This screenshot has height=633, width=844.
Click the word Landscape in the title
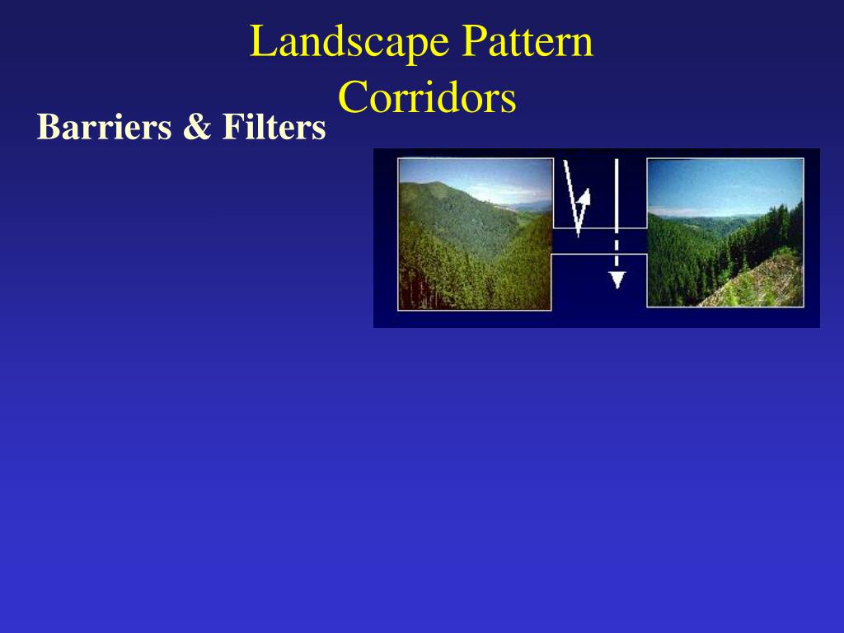[349, 43]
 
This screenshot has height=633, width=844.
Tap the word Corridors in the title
[427, 98]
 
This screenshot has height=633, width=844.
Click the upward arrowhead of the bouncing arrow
[584, 198]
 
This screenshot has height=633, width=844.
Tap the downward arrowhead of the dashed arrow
[617, 279]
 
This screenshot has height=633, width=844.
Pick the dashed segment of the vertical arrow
[617, 247]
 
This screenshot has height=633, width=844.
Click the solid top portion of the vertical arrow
[617, 190]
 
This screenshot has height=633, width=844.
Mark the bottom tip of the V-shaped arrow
[579, 232]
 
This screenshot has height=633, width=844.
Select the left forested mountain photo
[475, 234]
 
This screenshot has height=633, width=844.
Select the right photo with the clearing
[724, 232]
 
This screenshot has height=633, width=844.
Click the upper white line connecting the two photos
[599, 228]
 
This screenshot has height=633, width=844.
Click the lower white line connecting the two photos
[599, 255]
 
